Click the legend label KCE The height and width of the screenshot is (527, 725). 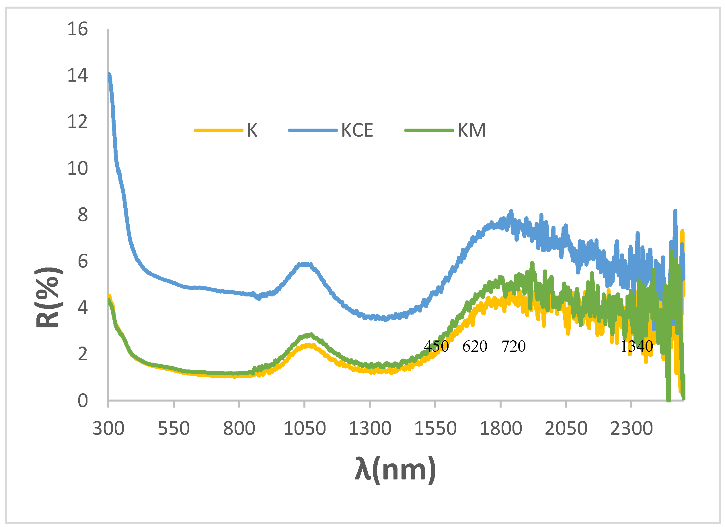tap(357, 130)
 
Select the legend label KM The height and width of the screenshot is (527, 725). tap(471, 130)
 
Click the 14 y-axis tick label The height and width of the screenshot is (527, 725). tap(77, 76)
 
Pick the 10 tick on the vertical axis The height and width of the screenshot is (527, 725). tap(77, 168)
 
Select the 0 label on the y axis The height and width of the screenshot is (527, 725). tap(83, 401)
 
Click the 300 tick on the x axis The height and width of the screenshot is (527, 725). tap(108, 429)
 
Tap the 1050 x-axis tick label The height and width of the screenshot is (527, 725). tap(304, 429)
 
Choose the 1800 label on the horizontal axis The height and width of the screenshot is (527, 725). tap(501, 429)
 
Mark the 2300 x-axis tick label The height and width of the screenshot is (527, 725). tap(631, 429)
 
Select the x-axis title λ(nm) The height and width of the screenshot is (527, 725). tap(395, 470)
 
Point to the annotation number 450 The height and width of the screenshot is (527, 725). tap(436, 346)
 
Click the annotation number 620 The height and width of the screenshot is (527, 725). tap(474, 346)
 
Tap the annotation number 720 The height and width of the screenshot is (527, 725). tap(513, 346)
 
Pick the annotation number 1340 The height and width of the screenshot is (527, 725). tap(636, 346)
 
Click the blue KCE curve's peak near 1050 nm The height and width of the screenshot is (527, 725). tap(305, 264)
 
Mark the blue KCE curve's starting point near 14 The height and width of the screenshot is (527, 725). tap(109, 75)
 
